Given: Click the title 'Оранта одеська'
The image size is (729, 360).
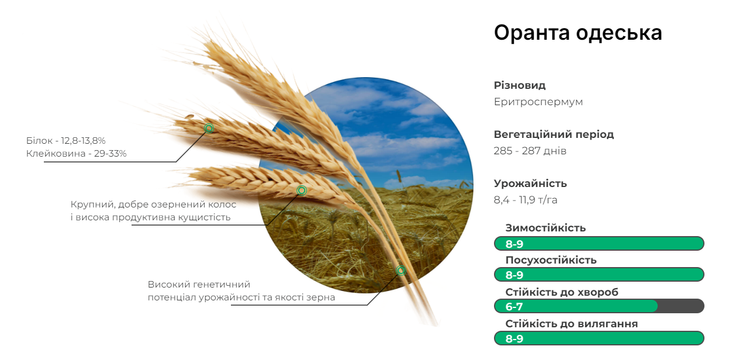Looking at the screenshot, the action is coord(578,33).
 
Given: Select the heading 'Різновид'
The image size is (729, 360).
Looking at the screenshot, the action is coord(520,85).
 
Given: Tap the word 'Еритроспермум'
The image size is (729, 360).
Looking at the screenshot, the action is coord(538,102).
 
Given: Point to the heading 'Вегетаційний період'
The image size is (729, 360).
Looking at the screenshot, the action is coord(554,134).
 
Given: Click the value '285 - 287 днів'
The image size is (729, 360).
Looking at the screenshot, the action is coord(530,151).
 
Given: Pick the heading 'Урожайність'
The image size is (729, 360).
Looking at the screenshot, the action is coord(530,184).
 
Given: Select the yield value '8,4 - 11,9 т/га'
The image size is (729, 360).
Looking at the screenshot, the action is coord(526,200).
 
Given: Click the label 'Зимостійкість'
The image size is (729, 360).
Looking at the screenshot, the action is coord(545,228).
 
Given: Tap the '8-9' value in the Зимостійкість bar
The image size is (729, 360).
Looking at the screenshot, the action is coord(514,244).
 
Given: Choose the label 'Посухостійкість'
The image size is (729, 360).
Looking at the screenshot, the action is coord(551,260).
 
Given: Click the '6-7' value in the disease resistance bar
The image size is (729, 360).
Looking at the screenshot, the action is coord(514,306).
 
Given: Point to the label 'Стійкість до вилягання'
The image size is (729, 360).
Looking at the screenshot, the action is coord(572,324).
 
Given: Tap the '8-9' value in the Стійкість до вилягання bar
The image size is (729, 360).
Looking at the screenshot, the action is coord(514,338).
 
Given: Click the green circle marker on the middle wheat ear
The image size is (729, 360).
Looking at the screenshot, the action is coord(209,129).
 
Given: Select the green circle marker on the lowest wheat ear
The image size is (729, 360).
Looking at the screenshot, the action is coord(302,191).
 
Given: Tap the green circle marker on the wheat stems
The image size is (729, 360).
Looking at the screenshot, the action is coord(401,270).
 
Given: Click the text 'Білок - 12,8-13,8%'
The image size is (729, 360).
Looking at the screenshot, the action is coord(65,141).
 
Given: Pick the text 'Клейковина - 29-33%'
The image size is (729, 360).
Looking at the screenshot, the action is coord(76,154).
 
